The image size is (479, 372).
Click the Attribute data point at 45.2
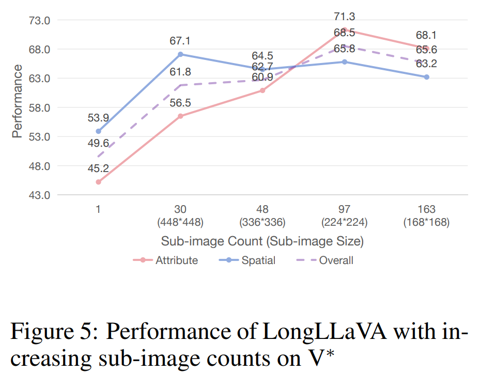pyautogui.click(x=98, y=182)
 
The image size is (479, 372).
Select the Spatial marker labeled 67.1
pyautogui.click(x=180, y=54)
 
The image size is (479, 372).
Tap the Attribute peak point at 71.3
pyautogui.click(x=345, y=30)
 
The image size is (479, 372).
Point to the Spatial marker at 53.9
pyautogui.click(x=98, y=131)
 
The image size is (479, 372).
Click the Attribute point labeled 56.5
pyautogui.click(x=180, y=116)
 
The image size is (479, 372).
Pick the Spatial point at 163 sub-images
pyautogui.click(x=427, y=77)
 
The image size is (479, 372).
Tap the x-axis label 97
pyautogui.click(x=345, y=210)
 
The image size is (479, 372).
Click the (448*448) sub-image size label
pyautogui.click(x=180, y=223)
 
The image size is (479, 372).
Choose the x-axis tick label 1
pyautogui.click(x=98, y=210)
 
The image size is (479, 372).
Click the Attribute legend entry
pyautogui.click(x=176, y=260)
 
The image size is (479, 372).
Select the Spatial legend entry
pyautogui.click(x=258, y=260)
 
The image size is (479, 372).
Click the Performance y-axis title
pyautogui.click(x=18, y=101)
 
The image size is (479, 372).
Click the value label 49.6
pyautogui.click(x=98, y=143)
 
